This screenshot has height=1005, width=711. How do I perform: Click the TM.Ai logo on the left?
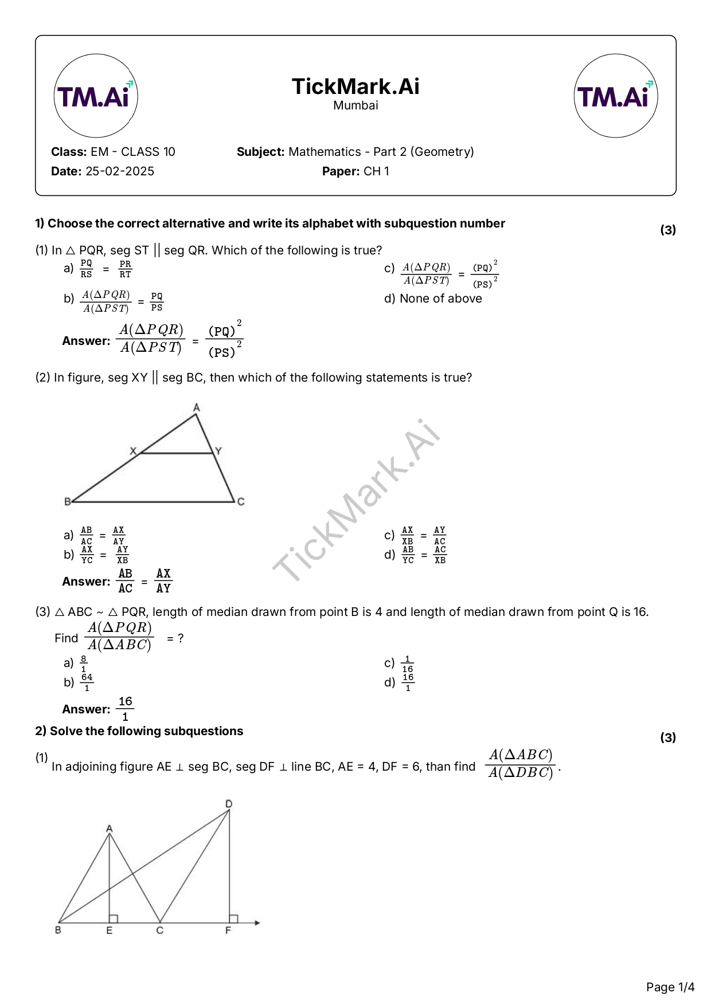(x=96, y=96)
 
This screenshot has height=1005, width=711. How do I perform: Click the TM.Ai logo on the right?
(x=615, y=96)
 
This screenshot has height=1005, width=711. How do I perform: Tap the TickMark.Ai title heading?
(x=355, y=87)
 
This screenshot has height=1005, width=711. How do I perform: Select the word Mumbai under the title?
(x=355, y=105)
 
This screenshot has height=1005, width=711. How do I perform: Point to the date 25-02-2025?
(x=119, y=171)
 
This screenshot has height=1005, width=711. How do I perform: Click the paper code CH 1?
(x=376, y=171)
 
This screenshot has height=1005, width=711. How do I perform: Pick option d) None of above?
(x=433, y=299)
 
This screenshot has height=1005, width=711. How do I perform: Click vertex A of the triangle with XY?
(x=197, y=408)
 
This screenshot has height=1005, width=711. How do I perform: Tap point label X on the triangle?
(x=134, y=451)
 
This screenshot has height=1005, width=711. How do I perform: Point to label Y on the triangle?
(x=218, y=451)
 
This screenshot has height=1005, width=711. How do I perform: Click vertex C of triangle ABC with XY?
(x=241, y=502)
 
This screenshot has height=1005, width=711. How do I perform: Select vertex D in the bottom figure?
(x=229, y=804)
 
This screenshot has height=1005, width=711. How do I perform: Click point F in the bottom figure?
(x=228, y=931)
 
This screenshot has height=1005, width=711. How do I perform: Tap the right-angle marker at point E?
(x=114, y=918)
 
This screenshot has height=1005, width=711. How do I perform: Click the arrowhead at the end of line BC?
(x=257, y=922)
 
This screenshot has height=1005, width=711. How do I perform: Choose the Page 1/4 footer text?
(x=670, y=987)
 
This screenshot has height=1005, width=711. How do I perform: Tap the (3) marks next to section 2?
(x=668, y=737)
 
